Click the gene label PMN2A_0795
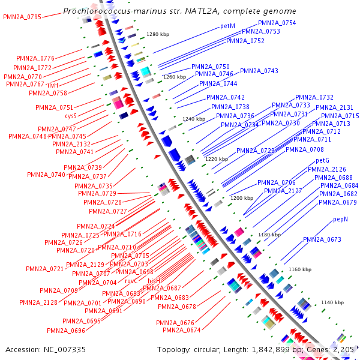[x=22, y=17]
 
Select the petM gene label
[x=227, y=26]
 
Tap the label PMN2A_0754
[x=277, y=23]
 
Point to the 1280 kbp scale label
[x=158, y=34]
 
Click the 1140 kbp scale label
[x=332, y=302]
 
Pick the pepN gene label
[x=341, y=220]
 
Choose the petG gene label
[x=323, y=161]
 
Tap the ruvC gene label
[x=131, y=281]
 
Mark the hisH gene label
[x=154, y=281]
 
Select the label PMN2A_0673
[x=322, y=240]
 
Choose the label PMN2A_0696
[x=66, y=331]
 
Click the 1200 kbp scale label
[x=242, y=198]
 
